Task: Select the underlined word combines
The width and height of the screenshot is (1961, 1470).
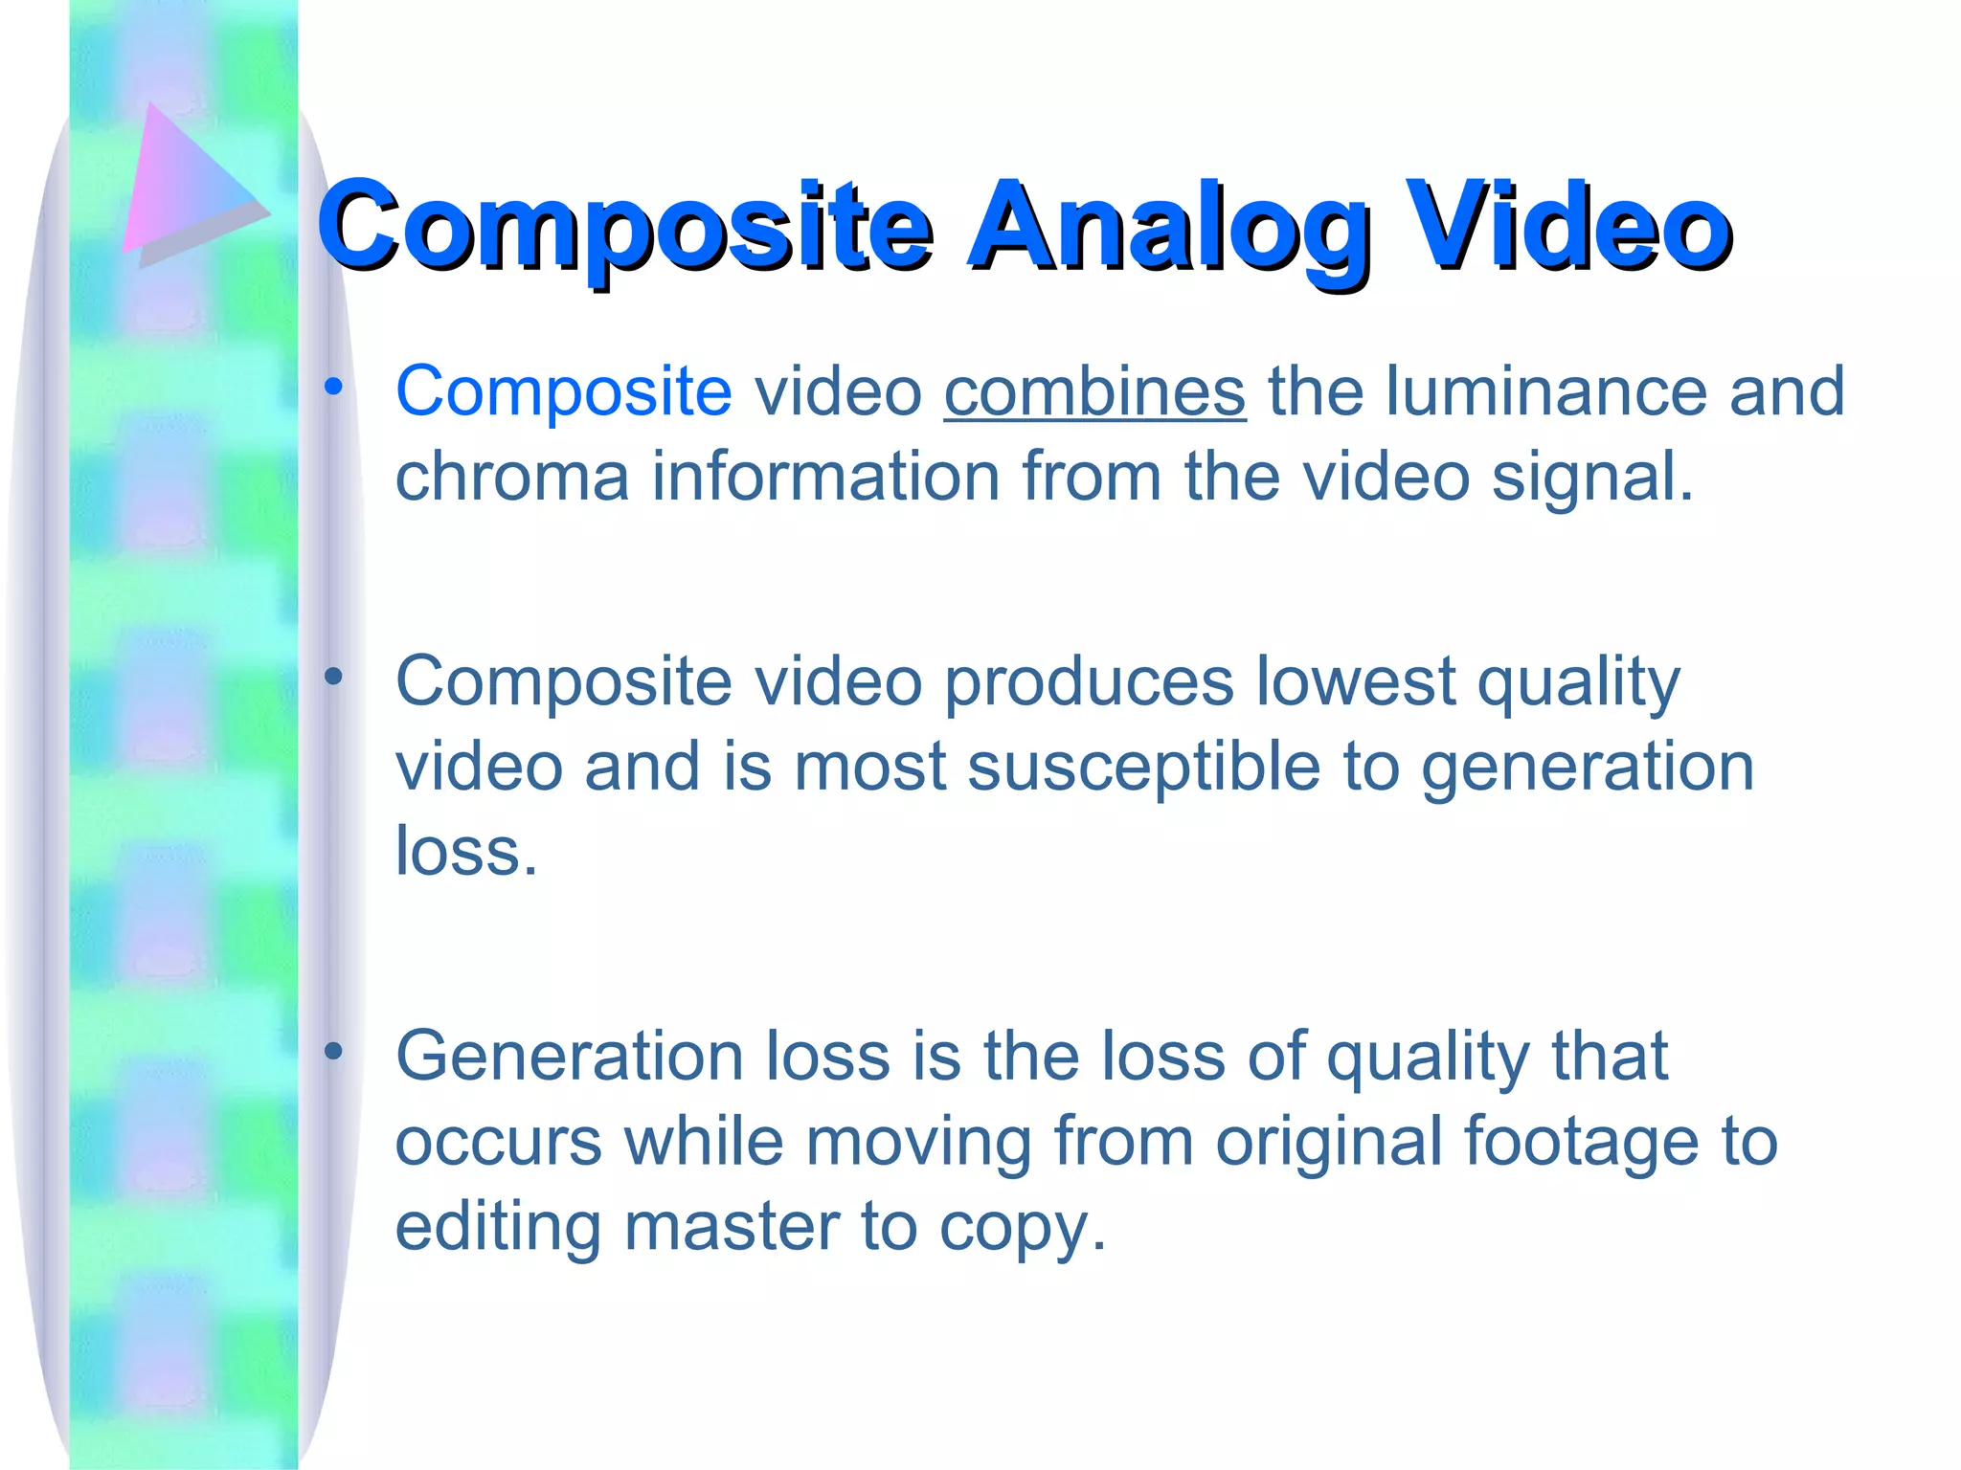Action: pyautogui.click(x=1094, y=391)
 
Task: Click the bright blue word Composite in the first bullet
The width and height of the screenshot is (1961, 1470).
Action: pyautogui.click(x=564, y=393)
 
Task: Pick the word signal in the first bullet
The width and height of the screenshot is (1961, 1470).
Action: pyautogui.click(x=1592, y=477)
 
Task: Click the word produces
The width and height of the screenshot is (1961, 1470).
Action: pyautogui.click(x=1089, y=681)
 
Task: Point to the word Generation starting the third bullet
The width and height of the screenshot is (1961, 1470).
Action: pyautogui.click(x=570, y=1057)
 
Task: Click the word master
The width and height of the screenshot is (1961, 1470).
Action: pyautogui.click(x=732, y=1227)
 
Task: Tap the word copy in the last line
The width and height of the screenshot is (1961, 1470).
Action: pyautogui.click(x=1022, y=1229)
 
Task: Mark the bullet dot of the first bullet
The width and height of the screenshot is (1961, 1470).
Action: pyautogui.click(x=333, y=388)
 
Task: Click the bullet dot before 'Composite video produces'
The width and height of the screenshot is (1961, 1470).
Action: pyautogui.click(x=333, y=678)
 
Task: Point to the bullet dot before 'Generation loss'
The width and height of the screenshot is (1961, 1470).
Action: pyautogui.click(x=333, y=1053)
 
